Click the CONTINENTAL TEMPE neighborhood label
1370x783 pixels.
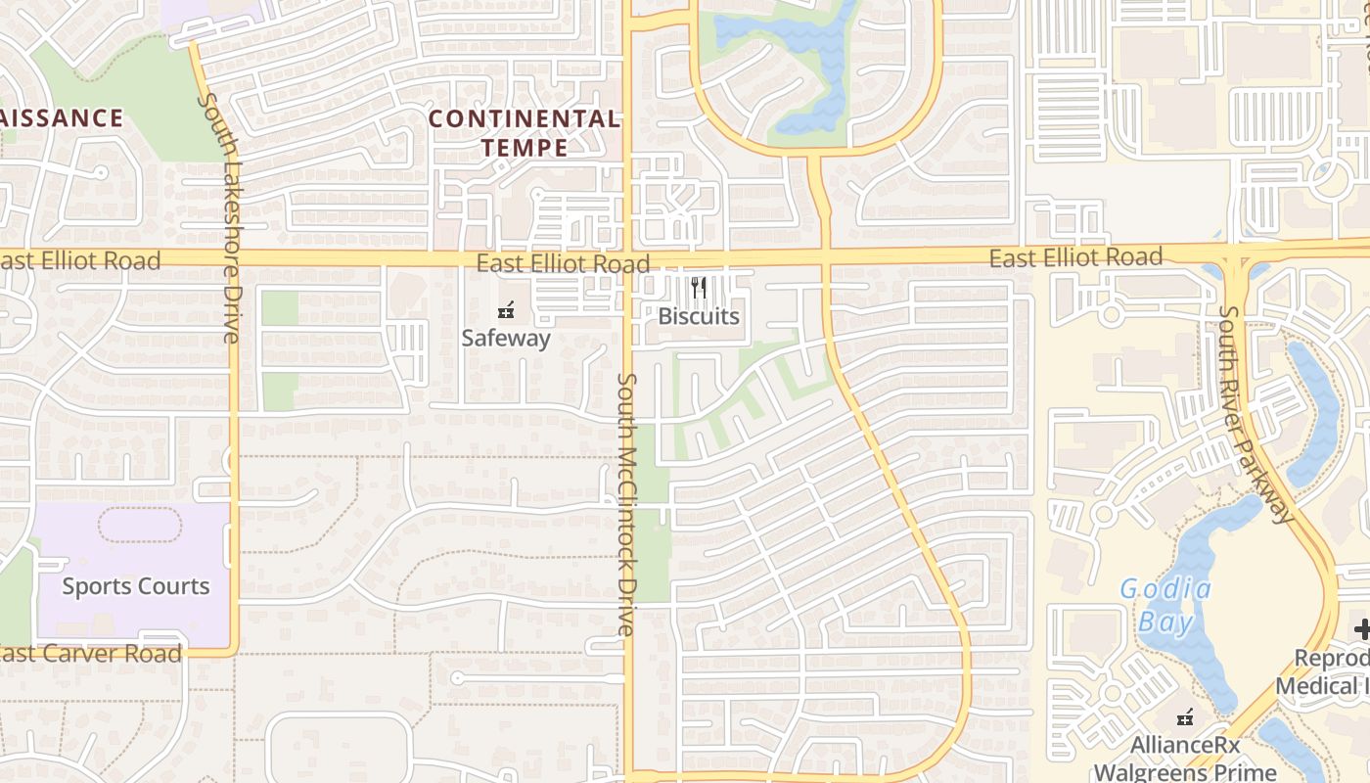point(525,133)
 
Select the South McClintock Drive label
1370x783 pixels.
point(626,504)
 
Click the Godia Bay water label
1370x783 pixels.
point(1165,606)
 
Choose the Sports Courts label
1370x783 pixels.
point(136,586)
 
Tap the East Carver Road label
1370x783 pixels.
point(91,654)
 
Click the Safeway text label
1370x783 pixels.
point(506,339)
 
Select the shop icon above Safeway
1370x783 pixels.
point(506,310)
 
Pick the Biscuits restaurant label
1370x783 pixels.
point(699,316)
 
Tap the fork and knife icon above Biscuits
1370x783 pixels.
point(698,288)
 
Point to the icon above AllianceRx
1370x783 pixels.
point(1185,717)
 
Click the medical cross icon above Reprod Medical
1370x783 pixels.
point(1361,629)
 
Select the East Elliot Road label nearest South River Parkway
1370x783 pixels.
point(1075,257)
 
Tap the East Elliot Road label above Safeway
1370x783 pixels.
point(563,263)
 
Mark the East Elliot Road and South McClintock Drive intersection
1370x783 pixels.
point(627,259)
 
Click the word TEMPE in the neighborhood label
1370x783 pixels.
point(525,148)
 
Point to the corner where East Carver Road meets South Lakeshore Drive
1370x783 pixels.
point(233,649)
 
